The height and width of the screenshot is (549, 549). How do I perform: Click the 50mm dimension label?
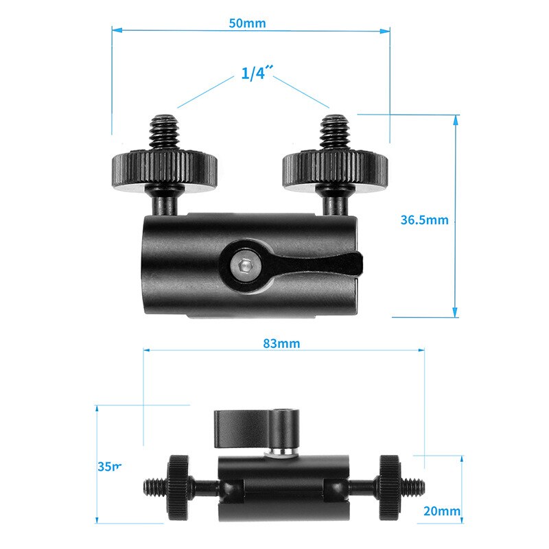[x=247, y=23]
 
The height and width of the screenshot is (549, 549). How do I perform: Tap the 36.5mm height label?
[x=424, y=220]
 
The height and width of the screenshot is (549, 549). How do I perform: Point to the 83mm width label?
[x=282, y=343]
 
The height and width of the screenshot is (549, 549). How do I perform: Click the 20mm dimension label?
[x=441, y=511]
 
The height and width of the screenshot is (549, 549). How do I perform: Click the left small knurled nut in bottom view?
[x=180, y=487]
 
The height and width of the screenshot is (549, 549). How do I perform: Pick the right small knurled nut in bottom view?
[x=390, y=487]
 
